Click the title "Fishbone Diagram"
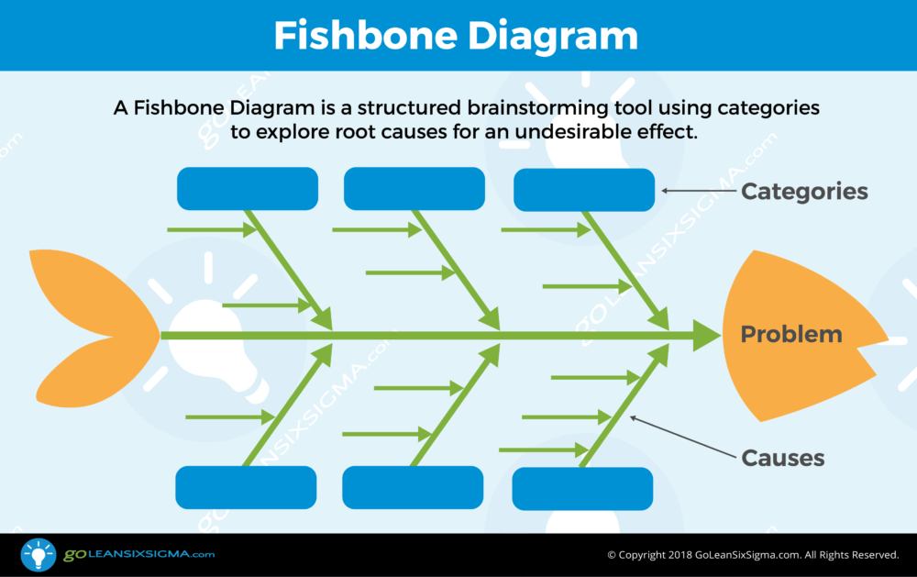pos(456,36)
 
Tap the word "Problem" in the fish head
pos(791,334)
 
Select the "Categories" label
pos(804,192)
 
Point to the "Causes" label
pos(783,459)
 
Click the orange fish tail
pos(94,328)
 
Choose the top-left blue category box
pos(248,188)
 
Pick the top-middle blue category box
pos(414,188)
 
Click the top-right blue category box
pos(584,190)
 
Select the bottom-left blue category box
pos(246,487)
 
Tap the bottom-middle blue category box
pos(413,487)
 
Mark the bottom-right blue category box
pos(582,489)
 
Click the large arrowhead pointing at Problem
pos(706,336)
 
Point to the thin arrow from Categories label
pos(699,191)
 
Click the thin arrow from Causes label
pos(683,437)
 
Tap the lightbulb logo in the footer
pos(39,554)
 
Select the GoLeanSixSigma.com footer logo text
pos(139,554)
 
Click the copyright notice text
pos(753,555)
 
